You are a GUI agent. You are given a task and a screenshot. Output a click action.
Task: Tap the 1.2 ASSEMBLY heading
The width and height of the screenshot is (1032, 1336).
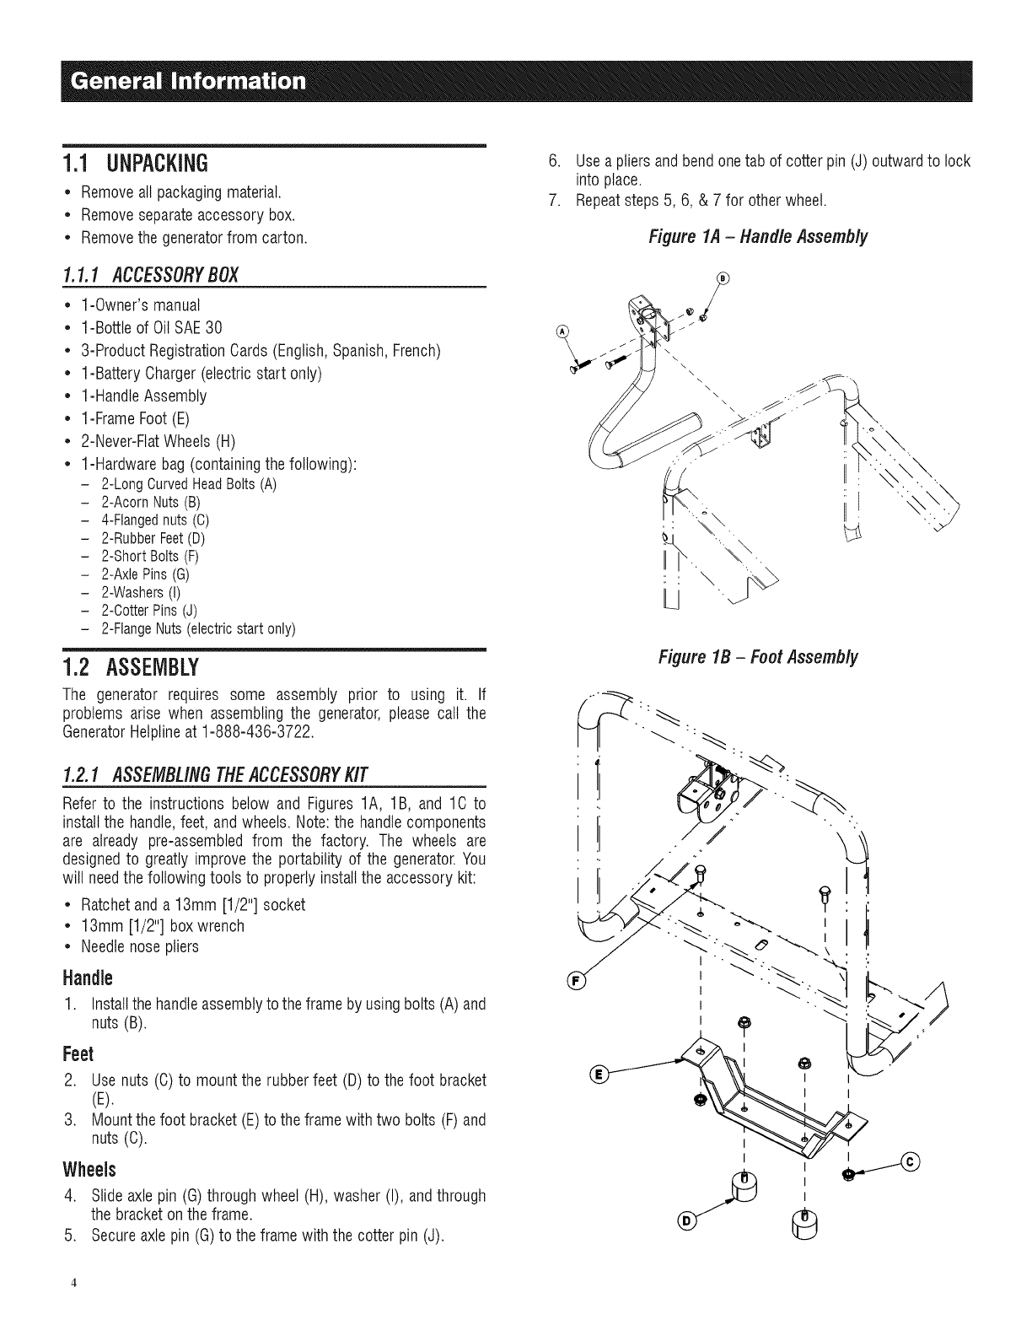[131, 668]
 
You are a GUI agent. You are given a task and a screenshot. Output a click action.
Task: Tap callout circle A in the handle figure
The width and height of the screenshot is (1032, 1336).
[562, 330]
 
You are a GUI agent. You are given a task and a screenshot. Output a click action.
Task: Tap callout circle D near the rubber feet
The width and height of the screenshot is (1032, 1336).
[688, 1220]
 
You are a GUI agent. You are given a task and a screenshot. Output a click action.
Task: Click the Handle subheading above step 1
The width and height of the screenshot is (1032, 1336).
[88, 978]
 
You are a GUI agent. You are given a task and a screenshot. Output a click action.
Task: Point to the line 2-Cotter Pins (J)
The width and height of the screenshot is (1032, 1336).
[148, 610]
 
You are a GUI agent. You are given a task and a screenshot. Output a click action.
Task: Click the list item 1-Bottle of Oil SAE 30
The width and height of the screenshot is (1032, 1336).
[152, 327]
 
